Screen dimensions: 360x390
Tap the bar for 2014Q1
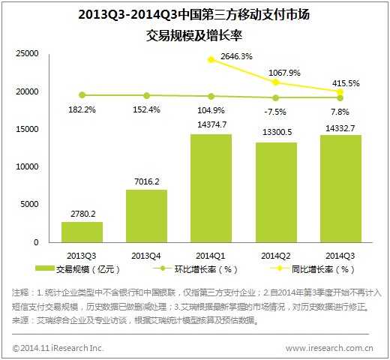211,188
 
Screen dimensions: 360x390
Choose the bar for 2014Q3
340,188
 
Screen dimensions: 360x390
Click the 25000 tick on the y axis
27,54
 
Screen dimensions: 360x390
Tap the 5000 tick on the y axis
30,205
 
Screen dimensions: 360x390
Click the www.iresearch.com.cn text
330,347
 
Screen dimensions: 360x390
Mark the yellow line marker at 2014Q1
211,59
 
